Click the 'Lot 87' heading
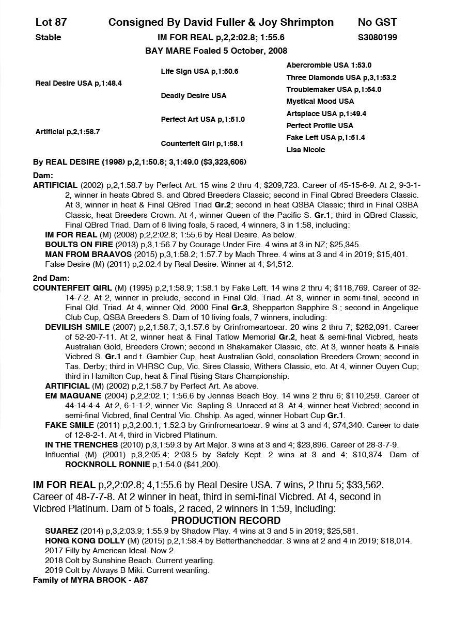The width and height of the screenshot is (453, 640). (x=51, y=22)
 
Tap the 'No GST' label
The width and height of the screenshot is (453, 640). (x=377, y=22)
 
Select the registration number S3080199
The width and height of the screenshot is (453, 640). (x=377, y=37)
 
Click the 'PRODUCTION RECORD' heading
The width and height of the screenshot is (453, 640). (x=226, y=520)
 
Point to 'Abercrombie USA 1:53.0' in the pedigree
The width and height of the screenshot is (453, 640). (x=329, y=66)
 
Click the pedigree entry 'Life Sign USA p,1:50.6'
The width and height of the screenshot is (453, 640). (x=199, y=72)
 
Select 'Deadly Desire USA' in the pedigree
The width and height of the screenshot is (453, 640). (x=193, y=95)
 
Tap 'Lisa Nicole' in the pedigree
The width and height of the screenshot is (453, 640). (x=306, y=150)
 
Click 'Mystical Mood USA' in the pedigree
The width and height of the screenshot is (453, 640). (x=320, y=101)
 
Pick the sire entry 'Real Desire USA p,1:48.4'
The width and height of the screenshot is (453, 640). (x=79, y=83)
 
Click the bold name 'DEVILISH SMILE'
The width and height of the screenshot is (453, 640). (x=77, y=327)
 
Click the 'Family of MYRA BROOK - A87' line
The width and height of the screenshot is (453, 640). (x=91, y=580)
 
